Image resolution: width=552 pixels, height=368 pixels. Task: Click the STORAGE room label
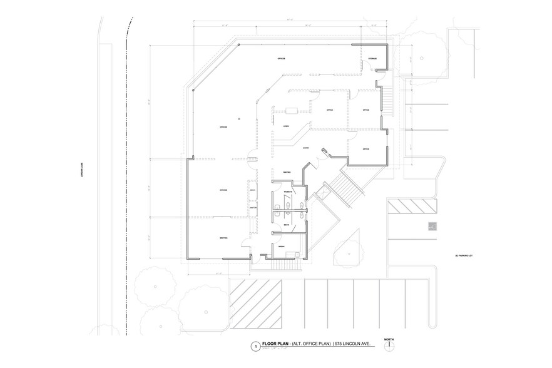click(372, 58)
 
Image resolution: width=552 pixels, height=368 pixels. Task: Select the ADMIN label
click(286, 126)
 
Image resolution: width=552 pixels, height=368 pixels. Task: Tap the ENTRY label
click(305, 148)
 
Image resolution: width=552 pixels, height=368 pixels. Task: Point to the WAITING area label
click(286, 172)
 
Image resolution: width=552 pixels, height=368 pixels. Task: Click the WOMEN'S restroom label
click(289, 190)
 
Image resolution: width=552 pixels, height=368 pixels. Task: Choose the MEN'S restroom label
click(286, 224)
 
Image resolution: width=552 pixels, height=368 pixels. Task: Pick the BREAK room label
click(282, 247)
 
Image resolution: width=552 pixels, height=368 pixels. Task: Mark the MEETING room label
click(223, 238)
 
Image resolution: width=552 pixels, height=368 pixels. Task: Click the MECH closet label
click(253, 190)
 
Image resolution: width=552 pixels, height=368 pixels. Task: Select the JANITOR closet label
click(253, 208)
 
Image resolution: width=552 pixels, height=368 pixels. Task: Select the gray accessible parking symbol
click(432, 226)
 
